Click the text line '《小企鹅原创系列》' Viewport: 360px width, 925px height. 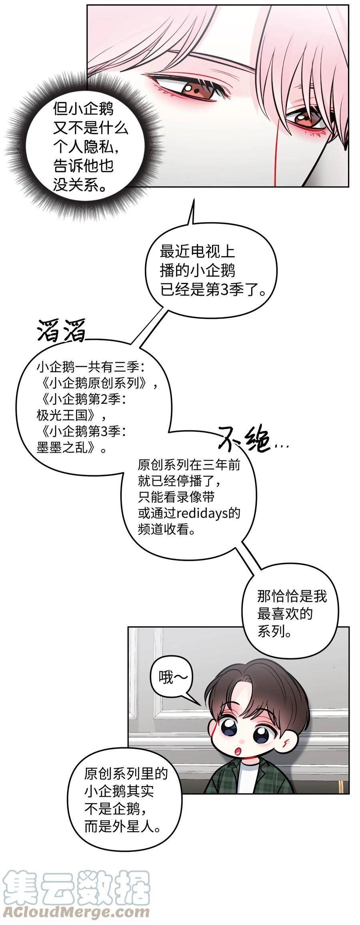click(95, 383)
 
